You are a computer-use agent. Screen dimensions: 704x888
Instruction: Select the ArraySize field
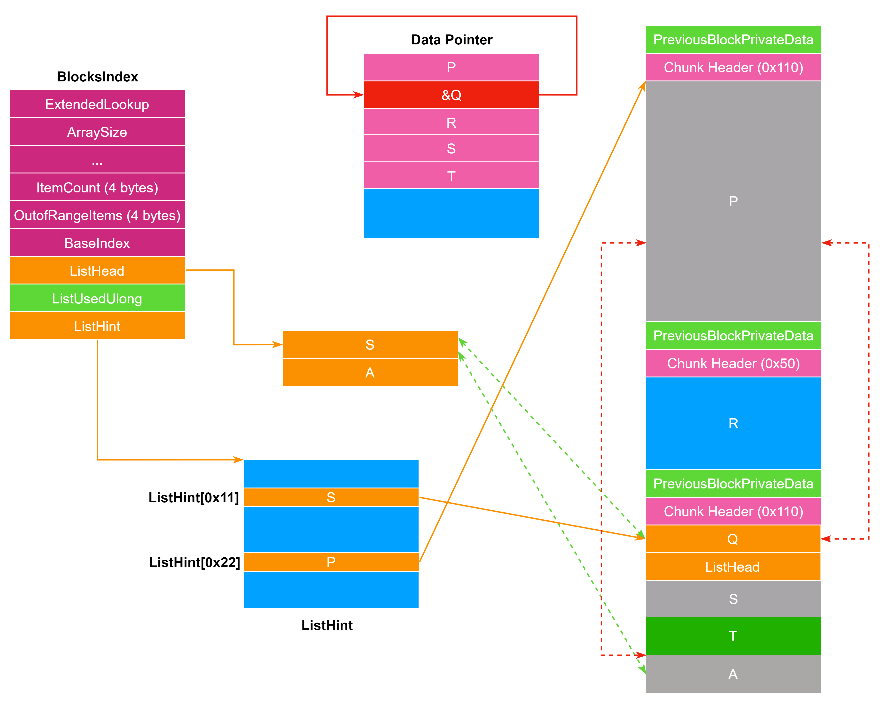point(97,132)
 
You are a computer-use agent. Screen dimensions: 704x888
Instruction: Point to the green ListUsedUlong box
point(97,298)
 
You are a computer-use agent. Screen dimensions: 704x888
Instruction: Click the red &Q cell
point(451,95)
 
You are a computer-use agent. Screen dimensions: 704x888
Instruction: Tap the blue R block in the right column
point(733,423)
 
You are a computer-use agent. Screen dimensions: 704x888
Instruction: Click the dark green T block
point(733,636)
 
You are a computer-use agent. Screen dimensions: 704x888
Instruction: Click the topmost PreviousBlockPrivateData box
point(733,40)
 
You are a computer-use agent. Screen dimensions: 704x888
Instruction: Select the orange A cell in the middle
point(370,372)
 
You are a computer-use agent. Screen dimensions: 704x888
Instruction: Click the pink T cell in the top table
point(451,176)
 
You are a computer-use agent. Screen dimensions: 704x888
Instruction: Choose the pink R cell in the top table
point(451,122)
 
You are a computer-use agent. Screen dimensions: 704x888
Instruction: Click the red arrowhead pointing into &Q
point(358,95)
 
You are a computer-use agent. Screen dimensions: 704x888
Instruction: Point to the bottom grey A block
point(733,674)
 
